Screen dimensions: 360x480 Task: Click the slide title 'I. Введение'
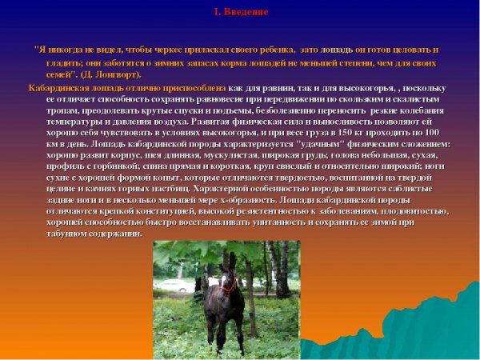coord(240,13)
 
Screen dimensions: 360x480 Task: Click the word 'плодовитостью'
coord(412,211)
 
